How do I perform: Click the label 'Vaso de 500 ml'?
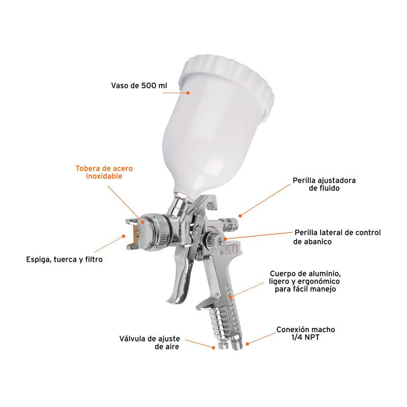(139, 85)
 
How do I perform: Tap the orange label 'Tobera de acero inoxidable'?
(104, 172)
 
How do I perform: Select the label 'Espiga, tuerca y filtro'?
(65, 259)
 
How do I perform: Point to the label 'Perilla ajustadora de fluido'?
(324, 184)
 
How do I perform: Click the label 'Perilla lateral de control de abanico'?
(337, 237)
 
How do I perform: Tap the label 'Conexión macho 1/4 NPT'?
(306, 333)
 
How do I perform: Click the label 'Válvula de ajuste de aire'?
(150, 342)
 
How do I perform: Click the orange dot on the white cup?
(188, 93)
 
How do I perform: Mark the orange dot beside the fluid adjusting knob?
(240, 215)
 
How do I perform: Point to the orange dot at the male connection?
(247, 344)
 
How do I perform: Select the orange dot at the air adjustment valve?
(213, 347)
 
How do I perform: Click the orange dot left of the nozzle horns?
(124, 236)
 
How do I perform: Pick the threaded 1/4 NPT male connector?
(237, 342)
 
